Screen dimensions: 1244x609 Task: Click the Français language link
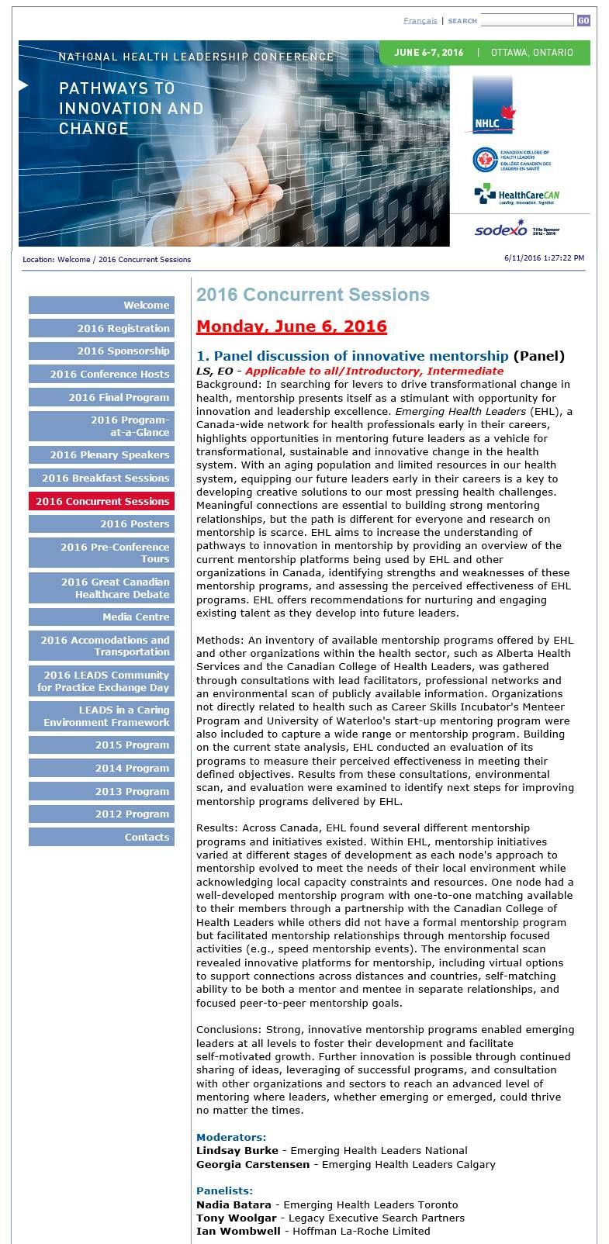[x=420, y=21]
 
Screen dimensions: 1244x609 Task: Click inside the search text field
[x=527, y=20]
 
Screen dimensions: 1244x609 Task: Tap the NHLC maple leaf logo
[x=493, y=105]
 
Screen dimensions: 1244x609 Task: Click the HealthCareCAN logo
[x=516, y=194]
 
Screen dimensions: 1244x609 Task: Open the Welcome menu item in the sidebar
[x=102, y=306]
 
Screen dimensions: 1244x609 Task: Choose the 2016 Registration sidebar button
[x=102, y=329]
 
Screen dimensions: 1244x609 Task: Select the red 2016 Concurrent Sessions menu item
[x=102, y=502]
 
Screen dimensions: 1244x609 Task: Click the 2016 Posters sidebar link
[x=102, y=524]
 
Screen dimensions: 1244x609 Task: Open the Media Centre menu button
[x=102, y=617]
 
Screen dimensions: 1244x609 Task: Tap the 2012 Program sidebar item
[x=102, y=814]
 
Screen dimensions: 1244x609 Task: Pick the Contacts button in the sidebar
[x=102, y=838]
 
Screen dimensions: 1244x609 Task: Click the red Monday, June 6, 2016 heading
[x=291, y=327]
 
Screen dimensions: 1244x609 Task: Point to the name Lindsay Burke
[x=237, y=1151]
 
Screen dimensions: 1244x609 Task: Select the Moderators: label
[x=230, y=1137]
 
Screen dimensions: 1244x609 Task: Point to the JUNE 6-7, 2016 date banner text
[x=428, y=53]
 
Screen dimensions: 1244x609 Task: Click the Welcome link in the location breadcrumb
[x=74, y=260]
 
